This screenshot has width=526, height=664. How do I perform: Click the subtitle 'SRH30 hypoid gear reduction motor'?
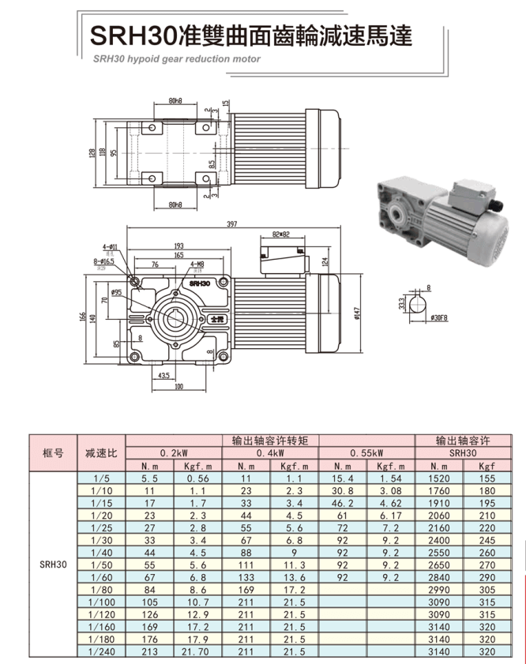175,58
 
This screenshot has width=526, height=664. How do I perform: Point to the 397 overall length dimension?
231,225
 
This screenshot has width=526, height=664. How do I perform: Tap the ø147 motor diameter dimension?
358,313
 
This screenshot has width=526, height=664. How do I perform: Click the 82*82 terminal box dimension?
281,234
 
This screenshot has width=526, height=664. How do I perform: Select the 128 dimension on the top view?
92,152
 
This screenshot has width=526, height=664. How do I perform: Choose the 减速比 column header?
101,453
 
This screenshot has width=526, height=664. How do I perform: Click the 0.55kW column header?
366,453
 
